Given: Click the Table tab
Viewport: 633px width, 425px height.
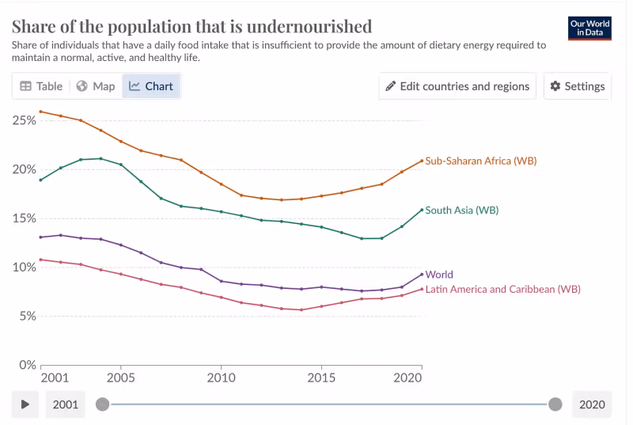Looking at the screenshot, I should click(x=41, y=86).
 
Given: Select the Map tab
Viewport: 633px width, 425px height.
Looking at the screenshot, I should click(x=96, y=86).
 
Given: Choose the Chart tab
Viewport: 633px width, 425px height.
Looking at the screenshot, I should click(x=151, y=86).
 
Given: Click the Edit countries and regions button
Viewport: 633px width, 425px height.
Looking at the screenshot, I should click(x=457, y=86).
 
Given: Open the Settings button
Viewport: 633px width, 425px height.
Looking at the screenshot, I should click(x=578, y=86).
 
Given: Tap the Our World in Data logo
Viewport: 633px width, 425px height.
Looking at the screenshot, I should click(x=589, y=28).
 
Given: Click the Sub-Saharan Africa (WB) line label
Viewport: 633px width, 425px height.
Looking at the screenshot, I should click(x=481, y=161).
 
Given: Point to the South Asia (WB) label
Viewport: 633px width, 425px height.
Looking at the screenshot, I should click(x=461, y=211).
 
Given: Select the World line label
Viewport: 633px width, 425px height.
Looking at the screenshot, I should click(x=439, y=275).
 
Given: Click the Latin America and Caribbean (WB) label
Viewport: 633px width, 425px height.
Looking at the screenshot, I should click(x=502, y=290).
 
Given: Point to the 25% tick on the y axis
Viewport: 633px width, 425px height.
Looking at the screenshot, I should click(x=24, y=120).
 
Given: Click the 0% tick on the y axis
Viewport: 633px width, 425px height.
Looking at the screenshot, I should click(x=27, y=365).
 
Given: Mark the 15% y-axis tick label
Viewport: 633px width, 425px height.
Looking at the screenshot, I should click(x=24, y=218).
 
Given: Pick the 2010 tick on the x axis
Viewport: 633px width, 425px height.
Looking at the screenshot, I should click(x=221, y=378).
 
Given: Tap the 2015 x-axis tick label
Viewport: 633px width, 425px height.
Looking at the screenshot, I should click(x=321, y=378).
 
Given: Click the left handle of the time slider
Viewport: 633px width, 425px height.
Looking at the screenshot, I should click(x=102, y=404).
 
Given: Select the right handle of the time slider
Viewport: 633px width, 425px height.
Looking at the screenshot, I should click(x=555, y=404).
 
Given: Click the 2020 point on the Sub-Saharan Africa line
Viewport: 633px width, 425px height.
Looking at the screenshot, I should click(x=422, y=161).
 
